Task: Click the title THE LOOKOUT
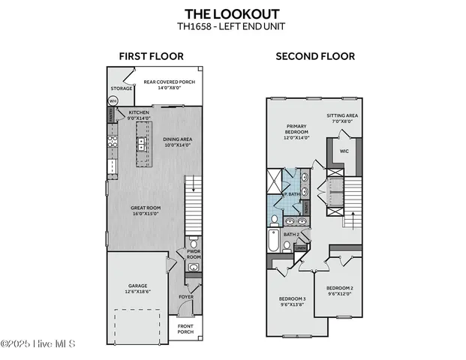point(233,13)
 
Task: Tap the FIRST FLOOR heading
point(147,56)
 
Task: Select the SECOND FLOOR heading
point(315,56)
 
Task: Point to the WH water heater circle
point(113,100)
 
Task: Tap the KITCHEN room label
point(138,115)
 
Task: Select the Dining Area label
point(178,141)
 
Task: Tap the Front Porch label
point(185,328)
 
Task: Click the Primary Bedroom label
point(298,130)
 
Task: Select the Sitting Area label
point(341,118)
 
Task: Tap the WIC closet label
point(344,151)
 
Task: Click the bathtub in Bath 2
point(273,241)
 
